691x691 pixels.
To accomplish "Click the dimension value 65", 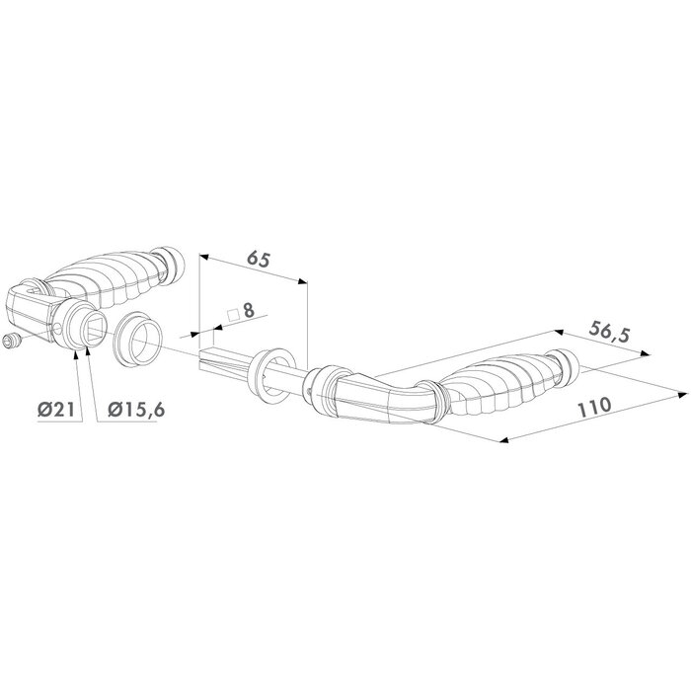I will point(259,260).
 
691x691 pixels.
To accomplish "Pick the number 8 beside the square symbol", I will point(249,310).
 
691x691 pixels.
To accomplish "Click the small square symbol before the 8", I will point(233,316).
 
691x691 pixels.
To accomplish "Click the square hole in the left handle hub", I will point(83,325).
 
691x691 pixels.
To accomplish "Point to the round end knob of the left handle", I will point(173,265).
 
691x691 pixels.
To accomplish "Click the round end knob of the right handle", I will point(566,366).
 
